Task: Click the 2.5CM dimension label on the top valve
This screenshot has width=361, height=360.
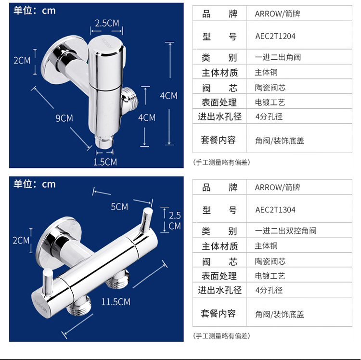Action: click(106, 23)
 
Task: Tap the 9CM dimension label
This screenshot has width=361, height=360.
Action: click(64, 118)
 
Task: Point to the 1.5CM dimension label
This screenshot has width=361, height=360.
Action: click(105, 162)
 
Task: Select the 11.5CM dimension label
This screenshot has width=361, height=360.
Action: click(116, 302)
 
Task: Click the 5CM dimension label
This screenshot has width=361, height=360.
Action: click(119, 206)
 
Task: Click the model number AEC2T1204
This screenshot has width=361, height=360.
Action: click(275, 37)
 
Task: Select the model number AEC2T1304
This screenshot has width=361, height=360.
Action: click(275, 210)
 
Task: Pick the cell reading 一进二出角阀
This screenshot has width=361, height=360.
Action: click(278, 57)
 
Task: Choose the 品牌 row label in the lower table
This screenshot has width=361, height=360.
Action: click(219, 187)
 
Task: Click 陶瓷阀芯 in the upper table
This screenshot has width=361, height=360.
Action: click(270, 88)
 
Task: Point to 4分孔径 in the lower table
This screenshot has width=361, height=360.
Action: click(269, 290)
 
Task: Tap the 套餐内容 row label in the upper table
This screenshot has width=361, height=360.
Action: click(219, 140)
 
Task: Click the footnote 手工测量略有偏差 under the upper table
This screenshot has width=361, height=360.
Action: click(221, 162)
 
